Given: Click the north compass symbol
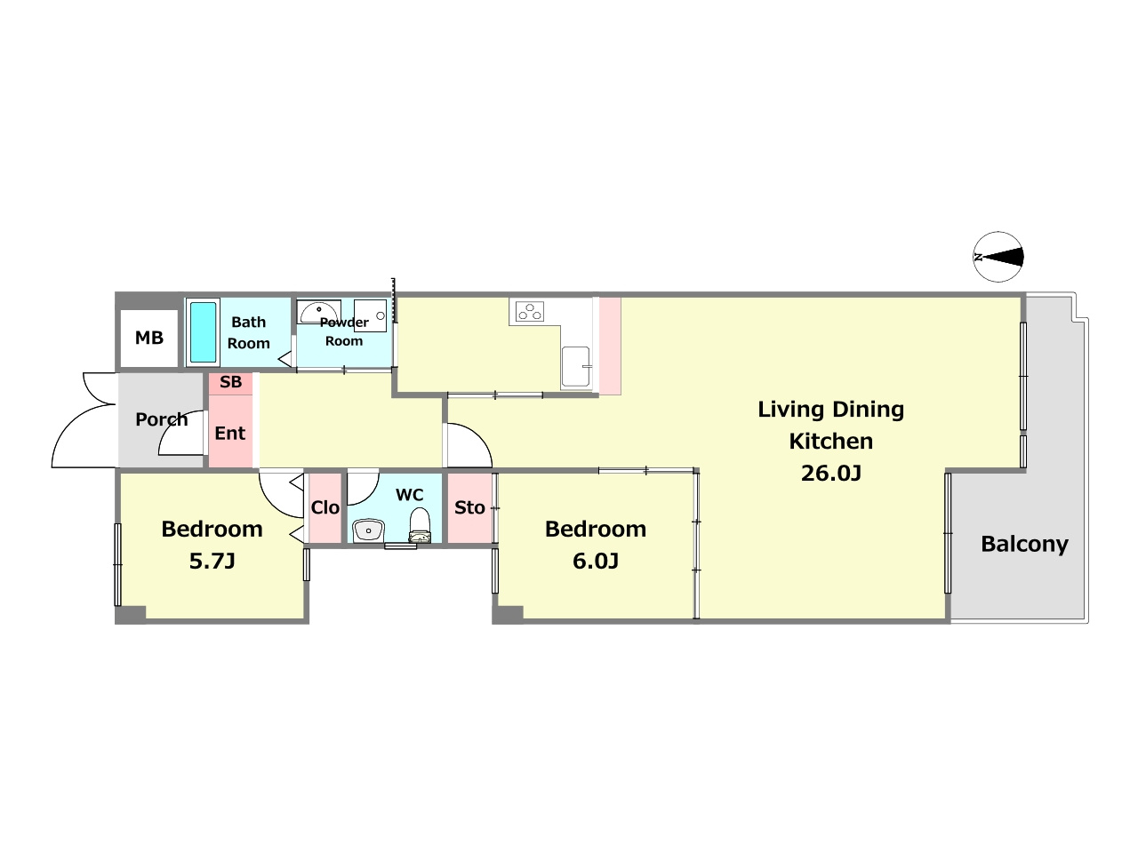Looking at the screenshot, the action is [x=998, y=257].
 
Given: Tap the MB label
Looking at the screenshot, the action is [x=149, y=339].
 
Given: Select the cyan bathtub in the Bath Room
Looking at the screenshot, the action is [x=203, y=332].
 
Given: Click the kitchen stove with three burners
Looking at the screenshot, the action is [x=530, y=312].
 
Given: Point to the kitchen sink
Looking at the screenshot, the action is [x=576, y=367].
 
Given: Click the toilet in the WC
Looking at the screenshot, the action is [x=420, y=525].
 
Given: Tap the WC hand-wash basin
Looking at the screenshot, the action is [x=368, y=530].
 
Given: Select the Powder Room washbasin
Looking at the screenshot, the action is [x=319, y=312].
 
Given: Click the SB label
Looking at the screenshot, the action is [x=230, y=382].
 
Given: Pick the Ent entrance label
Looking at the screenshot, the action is [x=230, y=433].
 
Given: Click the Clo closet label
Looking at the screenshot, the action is [x=325, y=507].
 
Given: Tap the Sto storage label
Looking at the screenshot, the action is [x=469, y=507].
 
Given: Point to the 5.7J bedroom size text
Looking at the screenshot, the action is [x=212, y=562].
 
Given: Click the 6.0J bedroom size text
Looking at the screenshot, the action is [x=596, y=562].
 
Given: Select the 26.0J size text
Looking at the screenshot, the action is [x=831, y=474].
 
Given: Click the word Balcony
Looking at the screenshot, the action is [x=1024, y=545].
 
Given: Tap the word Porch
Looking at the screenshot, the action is [x=162, y=419].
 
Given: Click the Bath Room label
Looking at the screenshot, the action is [x=249, y=332].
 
